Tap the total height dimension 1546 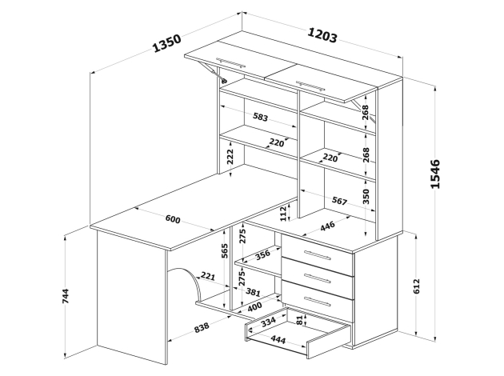point(435,174)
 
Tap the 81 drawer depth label point(300,322)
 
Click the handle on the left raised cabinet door point(232,62)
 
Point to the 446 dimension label point(327,226)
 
